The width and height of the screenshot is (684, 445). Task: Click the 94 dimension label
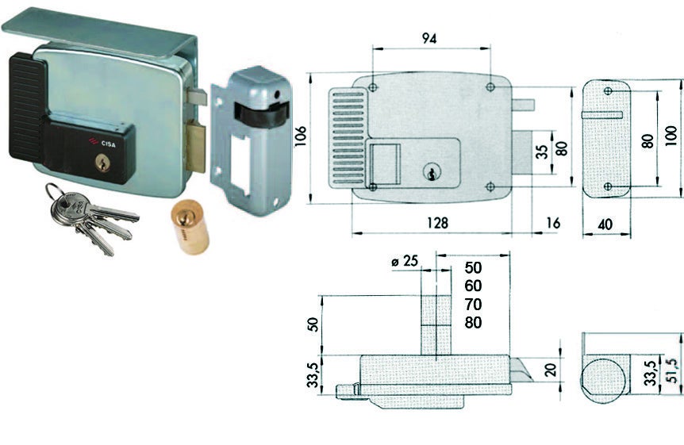(429, 39)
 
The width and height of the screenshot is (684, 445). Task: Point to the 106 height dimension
(301, 136)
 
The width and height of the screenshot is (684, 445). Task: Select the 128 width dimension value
(437, 223)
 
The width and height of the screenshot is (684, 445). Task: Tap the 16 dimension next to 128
(553, 223)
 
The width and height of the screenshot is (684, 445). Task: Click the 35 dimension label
(541, 152)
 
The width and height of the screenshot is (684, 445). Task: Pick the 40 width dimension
(605, 224)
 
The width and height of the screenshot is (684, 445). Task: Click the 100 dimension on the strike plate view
(672, 136)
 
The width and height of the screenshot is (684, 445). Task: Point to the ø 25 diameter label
(405, 261)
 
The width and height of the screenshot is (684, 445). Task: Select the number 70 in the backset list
(473, 304)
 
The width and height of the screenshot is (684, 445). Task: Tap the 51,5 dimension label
(672, 370)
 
